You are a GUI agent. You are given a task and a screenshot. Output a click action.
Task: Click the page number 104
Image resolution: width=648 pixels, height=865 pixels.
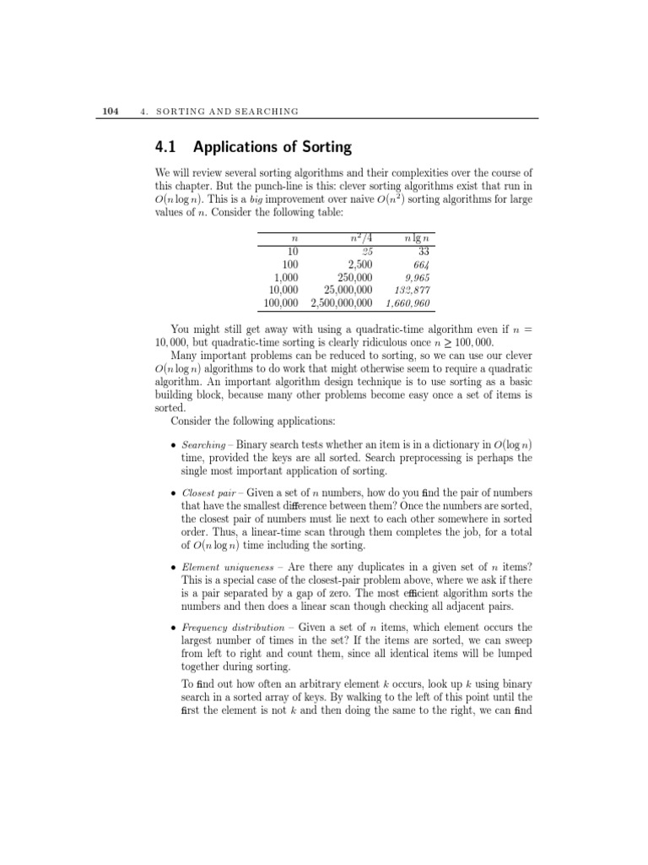(x=110, y=111)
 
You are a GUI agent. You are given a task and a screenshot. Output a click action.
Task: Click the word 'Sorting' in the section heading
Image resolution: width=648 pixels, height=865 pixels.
(x=322, y=148)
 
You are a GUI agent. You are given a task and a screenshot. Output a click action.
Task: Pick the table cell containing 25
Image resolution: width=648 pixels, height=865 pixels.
(x=367, y=251)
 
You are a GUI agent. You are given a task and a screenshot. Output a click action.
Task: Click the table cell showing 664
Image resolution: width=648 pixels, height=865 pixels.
(x=422, y=264)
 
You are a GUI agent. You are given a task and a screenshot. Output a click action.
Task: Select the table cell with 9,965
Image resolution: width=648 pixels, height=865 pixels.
(x=418, y=276)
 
